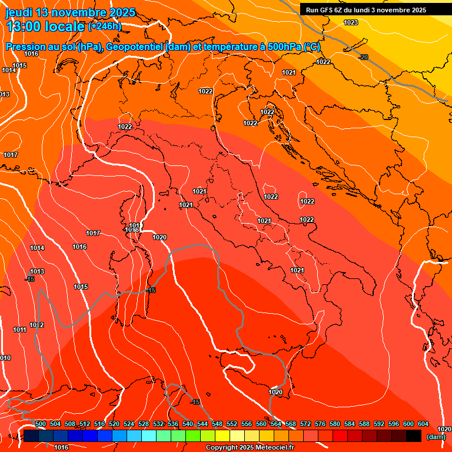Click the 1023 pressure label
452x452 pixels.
point(351,22)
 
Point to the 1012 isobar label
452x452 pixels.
point(37,325)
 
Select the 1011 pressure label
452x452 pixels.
point(20,330)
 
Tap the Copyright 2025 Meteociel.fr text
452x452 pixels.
point(250,447)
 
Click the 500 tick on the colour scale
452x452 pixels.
point(41,424)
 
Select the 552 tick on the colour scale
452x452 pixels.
point(232,424)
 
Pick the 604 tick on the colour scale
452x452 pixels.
point(423,424)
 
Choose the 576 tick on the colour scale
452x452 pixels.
point(320,424)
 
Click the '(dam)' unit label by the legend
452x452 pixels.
point(435,436)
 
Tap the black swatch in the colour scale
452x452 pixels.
point(414,436)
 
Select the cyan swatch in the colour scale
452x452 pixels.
point(149,436)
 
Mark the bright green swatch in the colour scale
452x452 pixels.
point(193,436)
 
